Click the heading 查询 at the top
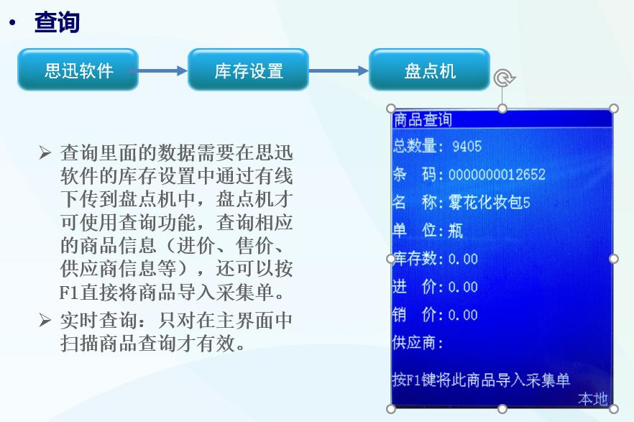57,23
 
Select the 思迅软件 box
78,70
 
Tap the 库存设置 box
249,70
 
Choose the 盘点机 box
430,70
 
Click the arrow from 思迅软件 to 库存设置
162,71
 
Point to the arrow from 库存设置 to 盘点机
339,71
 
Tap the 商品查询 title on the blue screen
423,119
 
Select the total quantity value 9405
467,147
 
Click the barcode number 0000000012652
497,175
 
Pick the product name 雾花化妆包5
489,203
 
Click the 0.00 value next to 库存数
463,259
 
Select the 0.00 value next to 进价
463,287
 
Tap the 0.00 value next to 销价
463,315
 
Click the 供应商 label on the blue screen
418,342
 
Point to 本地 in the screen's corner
593,399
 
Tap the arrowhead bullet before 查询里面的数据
45,153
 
